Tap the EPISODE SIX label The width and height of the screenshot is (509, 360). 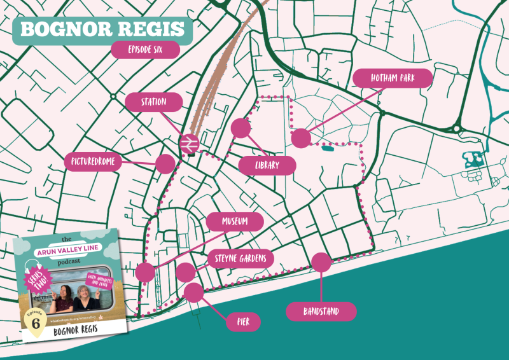coord(145,50)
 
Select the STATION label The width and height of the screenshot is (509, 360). coord(154,102)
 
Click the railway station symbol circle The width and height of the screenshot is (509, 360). coord(189,144)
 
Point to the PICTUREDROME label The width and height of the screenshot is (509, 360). coord(94,162)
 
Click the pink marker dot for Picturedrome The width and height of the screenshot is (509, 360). coord(165,163)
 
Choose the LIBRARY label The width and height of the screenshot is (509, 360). coord(267,166)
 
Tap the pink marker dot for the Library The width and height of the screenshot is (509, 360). coord(241,128)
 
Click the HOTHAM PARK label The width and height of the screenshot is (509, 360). coord(393,78)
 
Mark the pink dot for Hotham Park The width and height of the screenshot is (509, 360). coord(301,138)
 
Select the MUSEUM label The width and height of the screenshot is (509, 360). coord(235,222)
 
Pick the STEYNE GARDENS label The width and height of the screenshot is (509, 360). coord(241,259)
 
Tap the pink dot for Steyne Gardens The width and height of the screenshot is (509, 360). coord(185,272)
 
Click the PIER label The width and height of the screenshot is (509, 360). coord(244,322)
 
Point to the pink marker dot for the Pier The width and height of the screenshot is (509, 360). coord(193,293)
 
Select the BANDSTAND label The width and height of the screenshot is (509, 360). coord(321,312)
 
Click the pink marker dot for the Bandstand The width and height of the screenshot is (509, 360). coord(321,262)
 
